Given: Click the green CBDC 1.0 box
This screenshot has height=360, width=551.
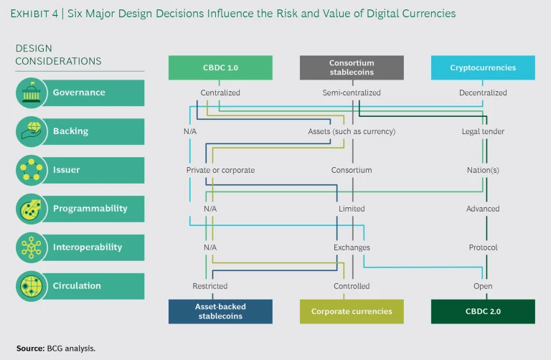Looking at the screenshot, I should click(220, 67).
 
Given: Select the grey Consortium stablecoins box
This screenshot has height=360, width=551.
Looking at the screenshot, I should click(352, 67).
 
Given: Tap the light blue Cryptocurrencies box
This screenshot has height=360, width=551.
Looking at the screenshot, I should click(483, 67).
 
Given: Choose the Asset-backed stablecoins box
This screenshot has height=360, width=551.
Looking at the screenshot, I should click(220, 312).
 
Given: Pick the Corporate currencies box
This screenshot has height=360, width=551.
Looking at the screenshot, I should click(352, 312).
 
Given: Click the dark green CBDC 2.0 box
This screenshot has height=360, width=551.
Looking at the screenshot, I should click(483, 312).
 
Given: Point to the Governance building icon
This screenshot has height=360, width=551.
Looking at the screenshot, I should click(31, 93).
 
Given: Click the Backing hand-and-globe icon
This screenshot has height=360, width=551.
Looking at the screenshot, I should click(31, 131).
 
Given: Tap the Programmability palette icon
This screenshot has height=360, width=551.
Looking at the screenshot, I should click(31, 209).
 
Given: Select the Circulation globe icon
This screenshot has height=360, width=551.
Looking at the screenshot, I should click(31, 286).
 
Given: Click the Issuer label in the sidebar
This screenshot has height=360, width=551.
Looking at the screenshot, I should click(66, 170).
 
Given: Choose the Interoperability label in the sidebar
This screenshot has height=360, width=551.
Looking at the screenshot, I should click(87, 247).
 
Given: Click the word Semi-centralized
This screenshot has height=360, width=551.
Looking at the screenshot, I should click(352, 93).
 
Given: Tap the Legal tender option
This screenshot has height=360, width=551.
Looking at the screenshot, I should click(483, 131).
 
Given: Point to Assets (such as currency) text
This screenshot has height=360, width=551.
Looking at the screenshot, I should click(352, 131).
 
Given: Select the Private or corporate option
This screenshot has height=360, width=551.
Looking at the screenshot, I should click(220, 170).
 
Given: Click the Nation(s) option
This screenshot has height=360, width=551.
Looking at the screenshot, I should click(483, 170).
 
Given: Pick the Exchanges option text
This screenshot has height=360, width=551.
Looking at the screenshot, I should click(352, 247).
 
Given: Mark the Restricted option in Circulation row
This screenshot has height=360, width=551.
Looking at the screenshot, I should click(210, 286).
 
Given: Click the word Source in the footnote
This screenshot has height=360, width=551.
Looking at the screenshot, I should click(29, 348).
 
